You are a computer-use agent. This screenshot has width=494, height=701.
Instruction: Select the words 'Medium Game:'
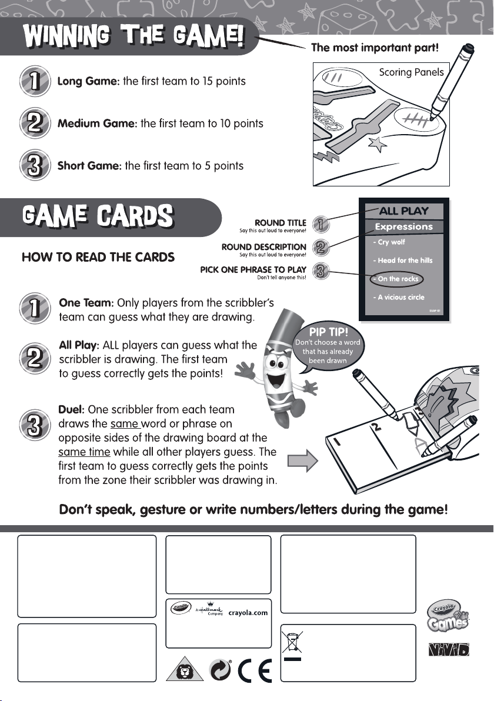(x=96, y=123)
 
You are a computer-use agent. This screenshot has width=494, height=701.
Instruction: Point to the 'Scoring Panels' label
(x=410, y=73)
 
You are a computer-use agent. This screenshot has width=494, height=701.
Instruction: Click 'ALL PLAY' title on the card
(x=403, y=211)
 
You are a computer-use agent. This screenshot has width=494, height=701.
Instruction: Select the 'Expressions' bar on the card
(x=403, y=226)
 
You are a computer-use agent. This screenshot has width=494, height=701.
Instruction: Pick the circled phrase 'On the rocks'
(x=398, y=279)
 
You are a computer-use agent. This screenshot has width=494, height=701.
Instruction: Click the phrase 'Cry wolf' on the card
(x=391, y=242)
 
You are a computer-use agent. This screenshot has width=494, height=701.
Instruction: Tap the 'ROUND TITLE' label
(x=280, y=222)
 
